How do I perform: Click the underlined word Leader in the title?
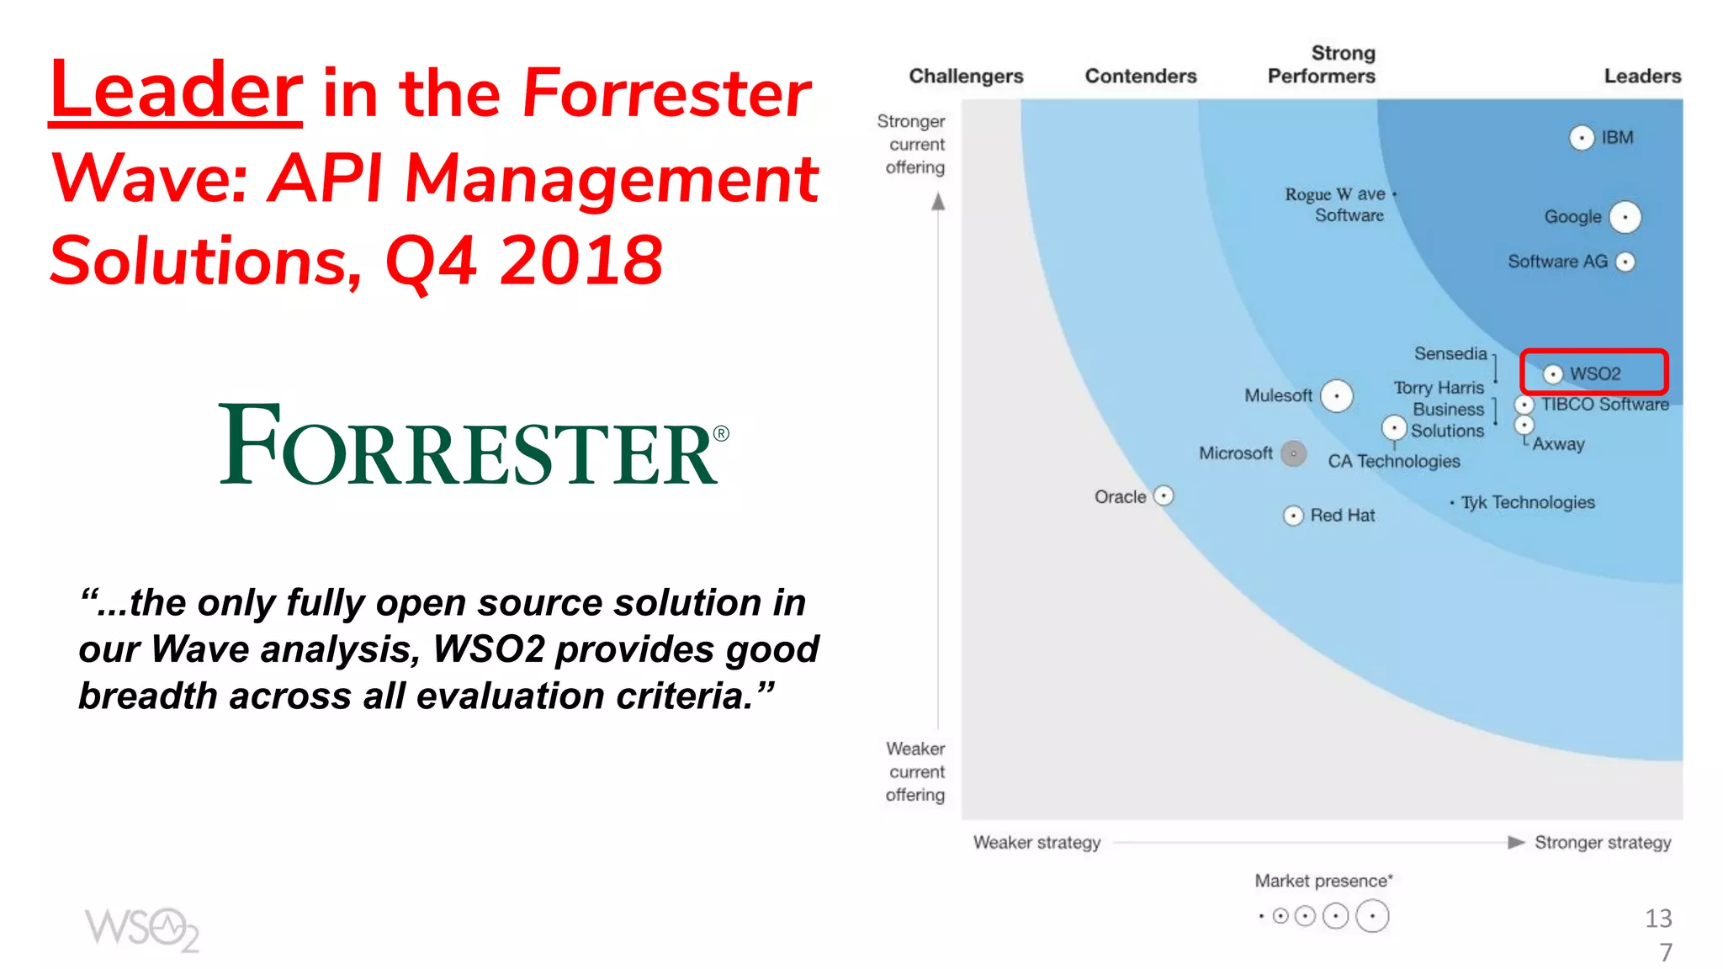pos(175,90)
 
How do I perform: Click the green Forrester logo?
pos(474,445)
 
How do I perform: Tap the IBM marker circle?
pos(1582,137)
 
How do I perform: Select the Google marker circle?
pos(1625,217)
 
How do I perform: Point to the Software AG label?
pos(1557,262)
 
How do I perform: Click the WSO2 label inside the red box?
pos(1595,373)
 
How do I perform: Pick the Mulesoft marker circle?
pos(1336,395)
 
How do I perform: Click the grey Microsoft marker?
pos(1293,453)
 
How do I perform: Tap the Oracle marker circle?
pos(1163,495)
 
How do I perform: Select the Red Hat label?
pos(1343,516)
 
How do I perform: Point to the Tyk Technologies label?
pos(1528,502)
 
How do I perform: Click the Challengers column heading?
pos(966,76)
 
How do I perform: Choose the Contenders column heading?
pos(1140,76)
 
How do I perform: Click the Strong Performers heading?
pos(1322,65)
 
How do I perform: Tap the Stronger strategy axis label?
pos(1602,842)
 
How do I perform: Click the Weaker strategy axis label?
pos(1036,842)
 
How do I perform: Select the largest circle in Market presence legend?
pos(1372,916)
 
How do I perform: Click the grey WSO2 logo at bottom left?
pos(141,929)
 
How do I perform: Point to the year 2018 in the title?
pos(581,260)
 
